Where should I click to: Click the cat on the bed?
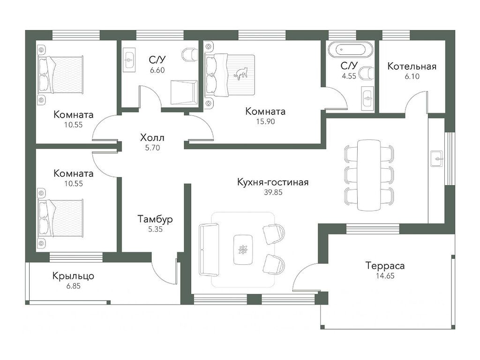click(x=241, y=74)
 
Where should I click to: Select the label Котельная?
click(x=412, y=66)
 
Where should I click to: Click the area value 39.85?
click(x=272, y=192)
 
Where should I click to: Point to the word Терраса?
click(x=385, y=266)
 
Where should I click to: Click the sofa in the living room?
click(x=209, y=250)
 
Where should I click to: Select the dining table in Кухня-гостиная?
click(x=369, y=175)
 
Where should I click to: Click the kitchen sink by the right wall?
click(x=436, y=159)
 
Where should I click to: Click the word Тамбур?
click(x=155, y=219)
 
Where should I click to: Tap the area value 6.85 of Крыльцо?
click(x=73, y=286)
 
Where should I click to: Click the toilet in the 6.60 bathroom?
click(x=190, y=54)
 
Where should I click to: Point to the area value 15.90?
click(x=265, y=121)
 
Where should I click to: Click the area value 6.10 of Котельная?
click(x=412, y=76)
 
